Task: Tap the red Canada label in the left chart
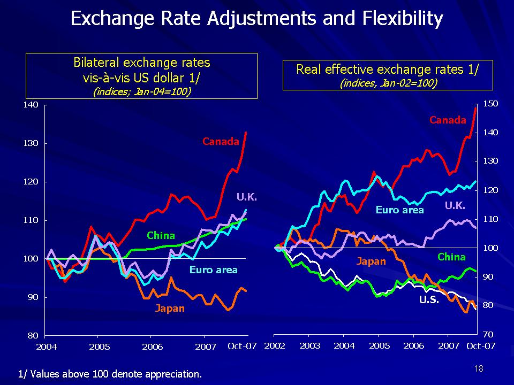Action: click(221, 142)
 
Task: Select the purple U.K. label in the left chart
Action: click(247, 198)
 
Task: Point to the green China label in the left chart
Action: click(161, 236)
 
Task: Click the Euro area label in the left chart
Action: click(213, 270)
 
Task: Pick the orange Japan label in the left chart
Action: click(170, 308)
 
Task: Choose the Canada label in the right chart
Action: click(448, 120)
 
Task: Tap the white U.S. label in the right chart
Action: click(429, 300)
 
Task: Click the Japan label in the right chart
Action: click(372, 261)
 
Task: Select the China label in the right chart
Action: click(451, 257)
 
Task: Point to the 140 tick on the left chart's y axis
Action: click(32, 105)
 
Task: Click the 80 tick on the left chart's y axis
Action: click(34, 335)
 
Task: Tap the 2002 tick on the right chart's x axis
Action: click(275, 346)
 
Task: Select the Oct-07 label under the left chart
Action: click(242, 346)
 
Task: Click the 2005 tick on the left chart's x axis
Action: click(100, 347)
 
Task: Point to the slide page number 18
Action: click(479, 368)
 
